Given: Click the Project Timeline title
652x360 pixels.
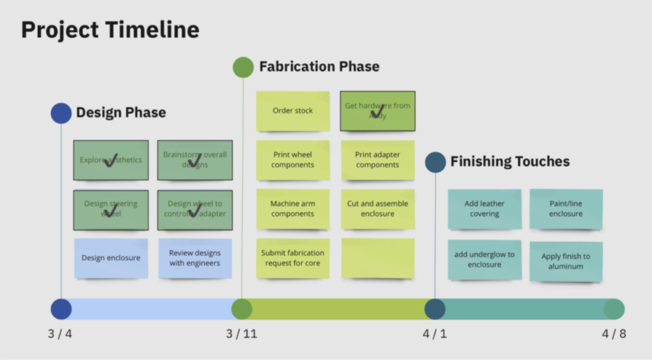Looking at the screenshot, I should click(x=110, y=30).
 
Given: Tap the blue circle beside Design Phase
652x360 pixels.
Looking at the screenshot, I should click(x=61, y=113).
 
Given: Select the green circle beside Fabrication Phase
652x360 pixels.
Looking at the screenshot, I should click(x=243, y=67).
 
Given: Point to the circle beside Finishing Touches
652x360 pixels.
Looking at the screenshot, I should click(x=436, y=162).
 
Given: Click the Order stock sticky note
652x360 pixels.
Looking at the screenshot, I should click(x=293, y=111).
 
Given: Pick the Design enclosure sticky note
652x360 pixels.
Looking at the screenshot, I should click(x=111, y=258).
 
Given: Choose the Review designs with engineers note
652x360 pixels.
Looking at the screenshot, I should click(x=195, y=258).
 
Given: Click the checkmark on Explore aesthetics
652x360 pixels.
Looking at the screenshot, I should click(x=110, y=160).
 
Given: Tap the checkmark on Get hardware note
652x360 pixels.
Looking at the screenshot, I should click(x=377, y=110).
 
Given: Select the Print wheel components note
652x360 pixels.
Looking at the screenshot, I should click(x=293, y=160).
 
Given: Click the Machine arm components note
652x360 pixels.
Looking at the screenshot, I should click(x=293, y=209).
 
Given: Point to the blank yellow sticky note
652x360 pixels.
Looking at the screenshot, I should click(x=378, y=258).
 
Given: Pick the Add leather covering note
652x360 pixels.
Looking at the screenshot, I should click(x=484, y=209).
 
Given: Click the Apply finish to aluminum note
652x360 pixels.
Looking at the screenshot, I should click(x=566, y=262).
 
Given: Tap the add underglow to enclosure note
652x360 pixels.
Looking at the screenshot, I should click(x=484, y=260).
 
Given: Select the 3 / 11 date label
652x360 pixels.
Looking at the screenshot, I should click(x=242, y=335).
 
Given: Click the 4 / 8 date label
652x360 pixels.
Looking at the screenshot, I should click(x=614, y=335).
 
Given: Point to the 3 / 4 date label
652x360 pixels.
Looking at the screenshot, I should click(x=61, y=335).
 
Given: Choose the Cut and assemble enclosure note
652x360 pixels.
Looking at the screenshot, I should click(x=378, y=209).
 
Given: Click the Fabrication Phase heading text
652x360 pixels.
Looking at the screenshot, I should click(x=319, y=67).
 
